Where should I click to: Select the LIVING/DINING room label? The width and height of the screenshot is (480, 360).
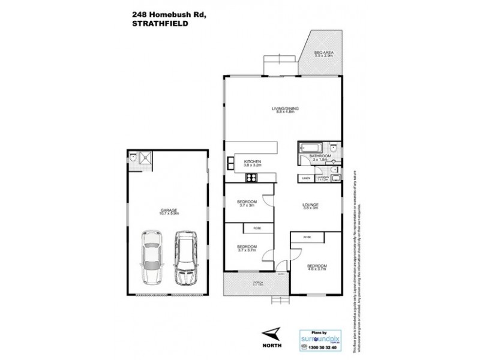285,109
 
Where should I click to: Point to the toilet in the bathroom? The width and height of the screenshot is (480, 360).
334,147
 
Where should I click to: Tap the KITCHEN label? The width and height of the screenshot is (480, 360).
251,162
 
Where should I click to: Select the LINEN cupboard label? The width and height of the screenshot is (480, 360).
306,178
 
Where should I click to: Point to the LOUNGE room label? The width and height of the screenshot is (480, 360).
310,205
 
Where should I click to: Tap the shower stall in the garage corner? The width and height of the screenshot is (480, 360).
145,157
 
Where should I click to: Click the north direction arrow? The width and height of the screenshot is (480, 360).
273,333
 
